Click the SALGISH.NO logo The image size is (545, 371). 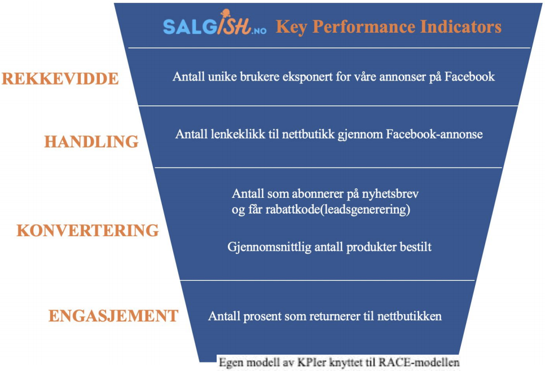click(x=214, y=23)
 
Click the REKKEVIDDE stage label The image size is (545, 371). click(x=60, y=78)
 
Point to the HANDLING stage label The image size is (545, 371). click(x=91, y=142)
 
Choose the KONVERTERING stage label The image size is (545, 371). click(x=87, y=230)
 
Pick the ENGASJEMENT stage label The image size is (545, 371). click(x=113, y=316)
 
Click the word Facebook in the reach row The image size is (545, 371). click(x=469, y=77)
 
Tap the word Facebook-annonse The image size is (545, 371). click(x=434, y=134)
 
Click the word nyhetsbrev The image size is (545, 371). click(x=390, y=194)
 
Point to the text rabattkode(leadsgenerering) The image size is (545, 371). click(x=338, y=210)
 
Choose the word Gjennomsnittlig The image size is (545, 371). click(x=269, y=248)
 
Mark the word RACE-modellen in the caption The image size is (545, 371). click(x=419, y=363)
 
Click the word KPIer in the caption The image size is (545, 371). click(x=312, y=363)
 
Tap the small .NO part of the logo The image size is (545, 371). click(x=258, y=31)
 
